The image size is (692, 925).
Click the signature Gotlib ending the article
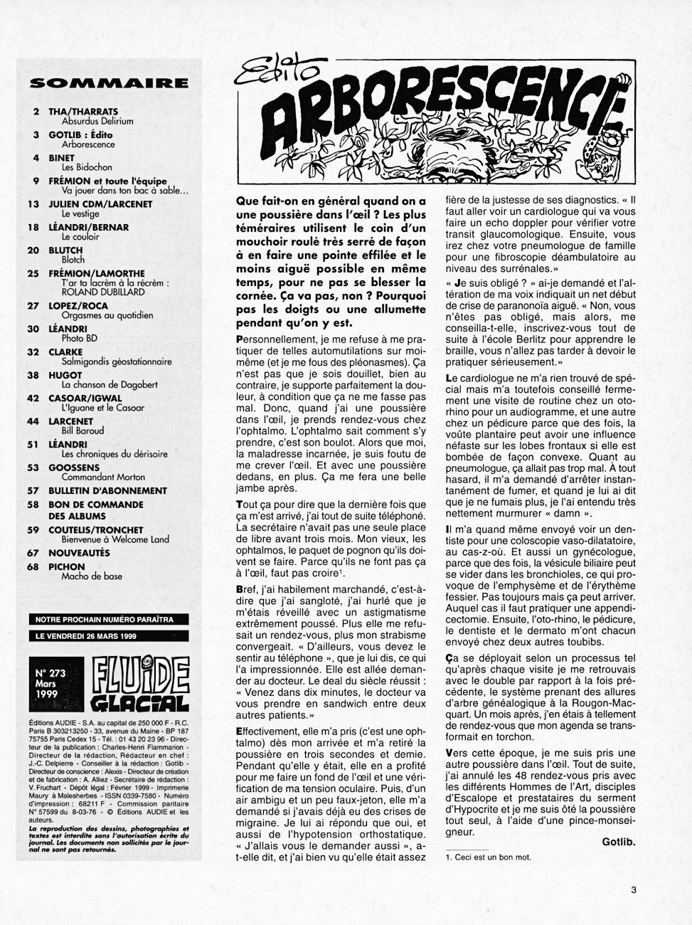click(x=618, y=842)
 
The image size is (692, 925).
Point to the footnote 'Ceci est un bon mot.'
click(x=491, y=857)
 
